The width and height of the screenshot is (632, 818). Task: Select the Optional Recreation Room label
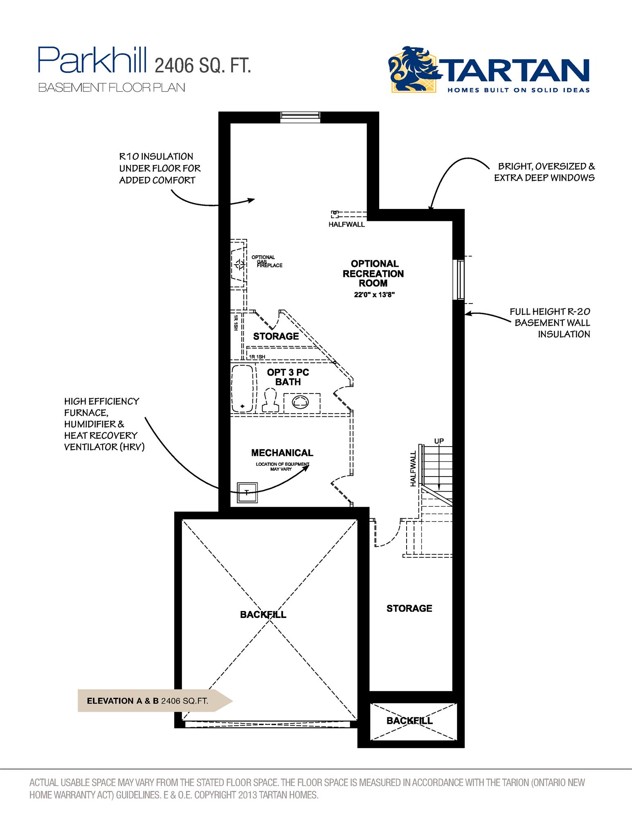click(x=373, y=273)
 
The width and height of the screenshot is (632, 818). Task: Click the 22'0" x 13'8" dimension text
click(x=374, y=294)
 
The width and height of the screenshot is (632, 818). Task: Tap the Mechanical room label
click(x=282, y=453)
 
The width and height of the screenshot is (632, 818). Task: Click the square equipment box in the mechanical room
click(x=247, y=492)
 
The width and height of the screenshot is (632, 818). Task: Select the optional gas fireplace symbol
click(x=238, y=265)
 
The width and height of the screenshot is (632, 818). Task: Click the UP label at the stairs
click(x=439, y=441)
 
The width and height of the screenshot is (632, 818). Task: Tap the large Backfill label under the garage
click(x=263, y=614)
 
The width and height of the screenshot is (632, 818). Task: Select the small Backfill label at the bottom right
click(x=409, y=721)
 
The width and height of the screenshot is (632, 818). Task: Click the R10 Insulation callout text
click(x=160, y=168)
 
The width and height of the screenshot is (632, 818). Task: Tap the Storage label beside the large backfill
click(x=409, y=608)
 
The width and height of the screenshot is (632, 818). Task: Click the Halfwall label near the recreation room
click(x=346, y=224)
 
